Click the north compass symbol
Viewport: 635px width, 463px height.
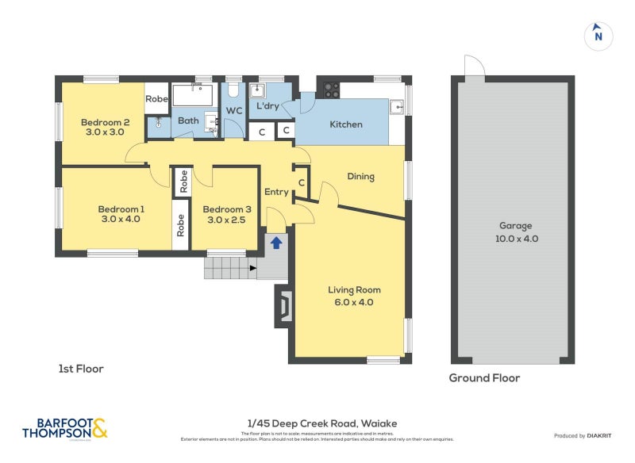[598, 36]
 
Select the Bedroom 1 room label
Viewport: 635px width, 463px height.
[120, 214]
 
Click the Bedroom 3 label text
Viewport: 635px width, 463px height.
[227, 214]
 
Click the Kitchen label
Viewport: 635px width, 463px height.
[346, 124]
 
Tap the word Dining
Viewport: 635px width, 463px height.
[360, 177]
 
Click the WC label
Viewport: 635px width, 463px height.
[234, 111]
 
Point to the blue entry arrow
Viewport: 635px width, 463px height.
[276, 243]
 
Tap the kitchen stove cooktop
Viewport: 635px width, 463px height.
[331, 90]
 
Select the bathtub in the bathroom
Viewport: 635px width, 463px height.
[193, 96]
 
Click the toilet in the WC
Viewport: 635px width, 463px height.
[233, 91]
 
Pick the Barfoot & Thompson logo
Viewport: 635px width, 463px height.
[64, 429]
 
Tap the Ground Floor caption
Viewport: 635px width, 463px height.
[484, 378]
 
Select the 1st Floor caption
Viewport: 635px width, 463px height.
[81, 369]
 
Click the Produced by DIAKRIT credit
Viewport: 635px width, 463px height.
[586, 436]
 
